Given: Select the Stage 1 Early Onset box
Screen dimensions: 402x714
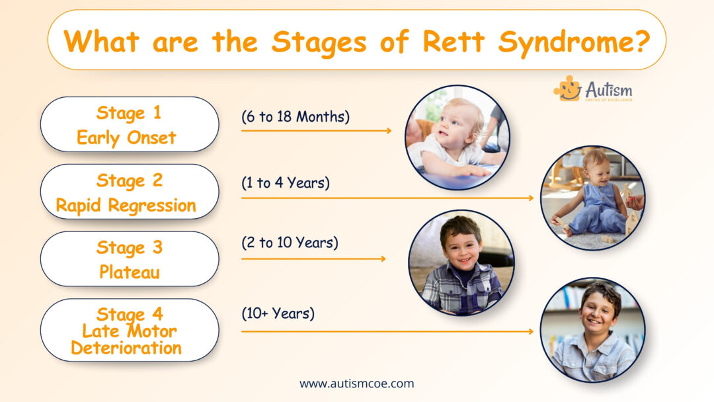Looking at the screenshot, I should click(x=130, y=124).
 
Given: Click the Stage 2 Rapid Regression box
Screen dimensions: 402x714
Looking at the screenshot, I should click(x=130, y=192).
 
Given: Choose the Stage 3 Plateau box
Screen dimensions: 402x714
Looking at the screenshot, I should click(x=130, y=259).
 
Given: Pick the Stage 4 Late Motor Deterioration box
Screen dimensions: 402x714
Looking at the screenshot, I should click(x=130, y=330).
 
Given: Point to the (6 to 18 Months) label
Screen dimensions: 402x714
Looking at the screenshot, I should click(x=296, y=116).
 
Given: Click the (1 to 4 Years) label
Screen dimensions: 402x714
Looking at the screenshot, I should click(x=286, y=183).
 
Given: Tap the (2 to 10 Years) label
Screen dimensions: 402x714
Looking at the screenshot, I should click(x=290, y=243).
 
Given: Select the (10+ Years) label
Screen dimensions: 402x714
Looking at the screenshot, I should click(x=278, y=313).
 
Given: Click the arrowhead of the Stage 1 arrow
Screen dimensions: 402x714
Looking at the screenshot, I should click(x=389, y=131).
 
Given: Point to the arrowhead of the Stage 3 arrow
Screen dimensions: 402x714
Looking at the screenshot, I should click(x=383, y=259).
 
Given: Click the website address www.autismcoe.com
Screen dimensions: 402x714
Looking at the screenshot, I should click(x=357, y=383).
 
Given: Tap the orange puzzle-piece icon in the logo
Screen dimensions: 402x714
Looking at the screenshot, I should click(x=567, y=88).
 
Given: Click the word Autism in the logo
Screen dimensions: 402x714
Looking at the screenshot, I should click(x=609, y=89).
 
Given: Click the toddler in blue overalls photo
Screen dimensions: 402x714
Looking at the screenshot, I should click(x=592, y=198).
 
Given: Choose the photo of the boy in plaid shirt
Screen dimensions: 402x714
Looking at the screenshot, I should click(x=461, y=262).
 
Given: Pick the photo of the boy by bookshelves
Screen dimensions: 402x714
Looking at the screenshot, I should click(x=592, y=329).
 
